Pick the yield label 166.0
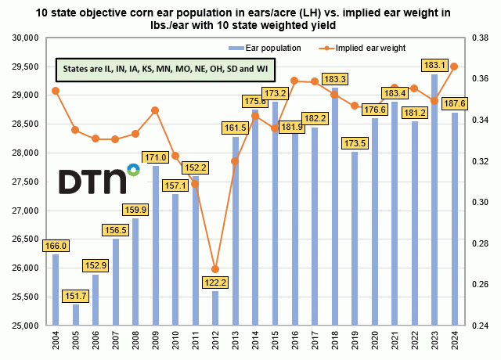click(x=56, y=245)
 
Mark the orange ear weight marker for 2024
click(x=454, y=67)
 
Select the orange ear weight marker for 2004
click(x=56, y=91)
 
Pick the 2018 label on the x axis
click(x=334, y=342)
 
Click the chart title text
click(x=250, y=17)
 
